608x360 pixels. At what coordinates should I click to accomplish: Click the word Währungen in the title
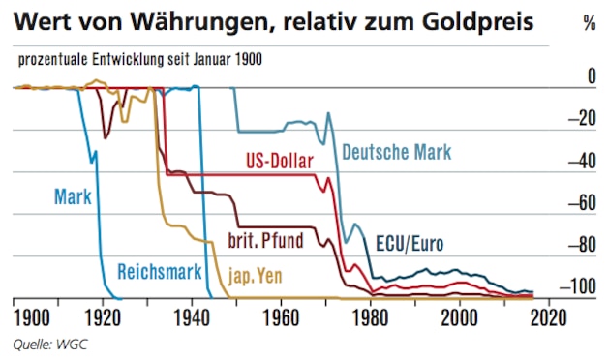(167, 20)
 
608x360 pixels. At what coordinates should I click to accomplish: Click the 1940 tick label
(192, 316)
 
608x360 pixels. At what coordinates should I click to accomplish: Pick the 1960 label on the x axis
(281, 316)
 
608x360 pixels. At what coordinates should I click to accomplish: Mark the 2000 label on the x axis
(460, 316)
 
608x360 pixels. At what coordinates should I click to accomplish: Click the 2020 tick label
(549, 316)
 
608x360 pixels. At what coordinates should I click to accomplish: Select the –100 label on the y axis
(580, 286)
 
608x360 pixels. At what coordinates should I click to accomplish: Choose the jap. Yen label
(256, 274)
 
